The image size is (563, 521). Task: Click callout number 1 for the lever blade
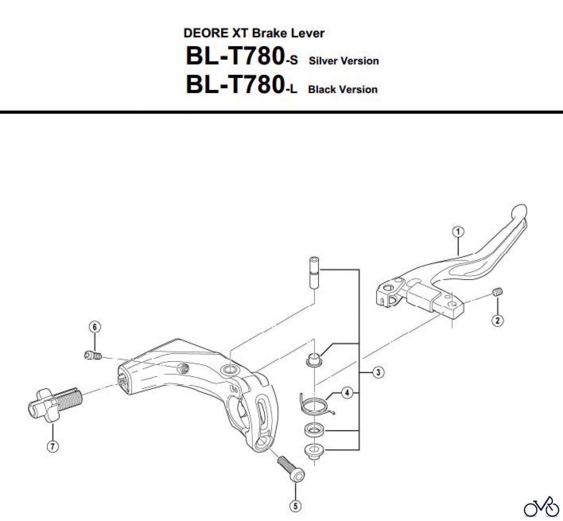458,232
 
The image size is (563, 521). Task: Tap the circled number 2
497,320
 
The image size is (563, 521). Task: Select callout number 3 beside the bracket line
378,372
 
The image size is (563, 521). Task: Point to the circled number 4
347,392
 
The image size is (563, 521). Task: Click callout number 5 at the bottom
296,506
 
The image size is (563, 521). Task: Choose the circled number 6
95,327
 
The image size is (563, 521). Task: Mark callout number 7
53,447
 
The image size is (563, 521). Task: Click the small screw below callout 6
93,355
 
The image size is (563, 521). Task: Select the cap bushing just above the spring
314,359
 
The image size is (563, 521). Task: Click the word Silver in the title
323,61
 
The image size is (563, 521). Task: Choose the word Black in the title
322,89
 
